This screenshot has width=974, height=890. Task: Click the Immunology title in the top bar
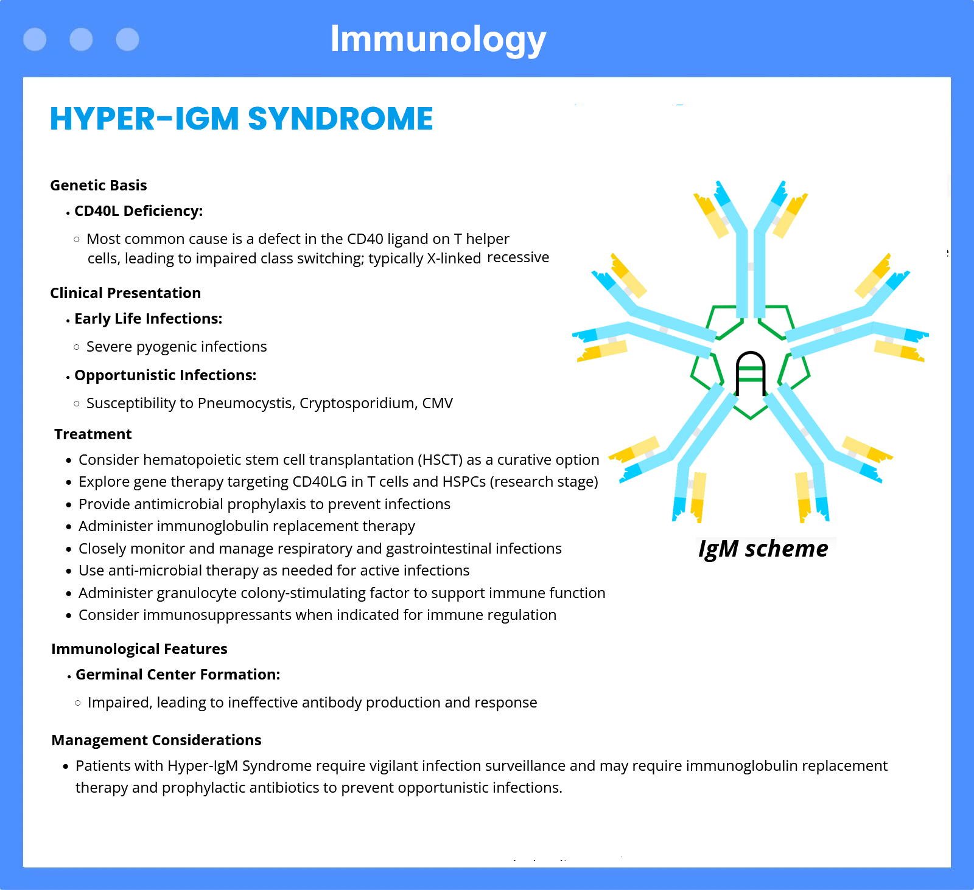[x=438, y=40]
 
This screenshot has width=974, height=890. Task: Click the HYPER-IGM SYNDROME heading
[x=241, y=119]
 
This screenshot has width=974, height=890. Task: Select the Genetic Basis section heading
[x=99, y=185]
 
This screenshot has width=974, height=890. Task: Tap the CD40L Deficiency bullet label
[x=138, y=211]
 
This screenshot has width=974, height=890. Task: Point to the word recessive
[x=518, y=257]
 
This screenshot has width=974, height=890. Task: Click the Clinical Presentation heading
[x=125, y=293]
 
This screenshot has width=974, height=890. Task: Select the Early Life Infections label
[x=148, y=319]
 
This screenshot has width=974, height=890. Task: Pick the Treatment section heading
[x=93, y=434]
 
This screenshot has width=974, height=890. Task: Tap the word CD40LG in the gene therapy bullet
[x=320, y=482]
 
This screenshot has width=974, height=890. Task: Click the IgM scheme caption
[x=763, y=549]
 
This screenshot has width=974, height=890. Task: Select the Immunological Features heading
[x=139, y=649]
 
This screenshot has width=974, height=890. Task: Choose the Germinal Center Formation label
[x=178, y=675]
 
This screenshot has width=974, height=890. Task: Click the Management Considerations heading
[x=156, y=740]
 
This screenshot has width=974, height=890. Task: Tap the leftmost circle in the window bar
[x=35, y=40]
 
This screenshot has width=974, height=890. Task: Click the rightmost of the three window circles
[x=127, y=40]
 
